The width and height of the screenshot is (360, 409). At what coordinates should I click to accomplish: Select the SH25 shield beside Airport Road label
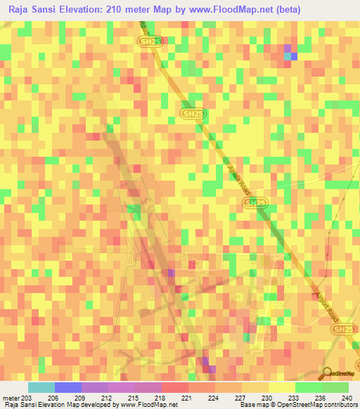click(x=343, y=329)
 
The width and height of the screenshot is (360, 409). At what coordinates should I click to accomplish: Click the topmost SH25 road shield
click(x=147, y=42)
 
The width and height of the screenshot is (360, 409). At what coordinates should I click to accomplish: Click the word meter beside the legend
click(x=11, y=398)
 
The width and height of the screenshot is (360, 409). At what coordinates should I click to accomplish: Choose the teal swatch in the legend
click(x=41, y=387)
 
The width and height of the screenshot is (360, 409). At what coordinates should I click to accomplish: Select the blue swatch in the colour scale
click(x=67, y=387)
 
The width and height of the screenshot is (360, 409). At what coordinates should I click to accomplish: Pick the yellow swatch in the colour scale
click(x=281, y=387)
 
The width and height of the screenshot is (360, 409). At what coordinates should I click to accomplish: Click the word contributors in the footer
click(x=341, y=405)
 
